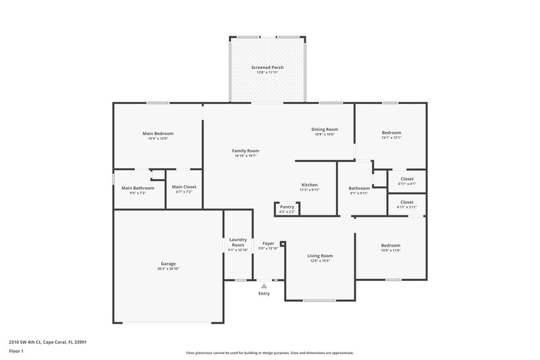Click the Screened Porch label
[267, 68]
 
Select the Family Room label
[246, 151]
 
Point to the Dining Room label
[324, 129]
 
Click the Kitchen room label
[309, 184]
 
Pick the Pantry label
[287, 207]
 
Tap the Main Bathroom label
[138, 188]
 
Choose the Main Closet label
[184, 186]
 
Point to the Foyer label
[268, 242]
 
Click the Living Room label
[320, 256]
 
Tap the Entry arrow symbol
[264, 286]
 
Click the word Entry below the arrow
[264, 294]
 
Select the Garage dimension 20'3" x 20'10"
[168, 269]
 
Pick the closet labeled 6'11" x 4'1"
[407, 181]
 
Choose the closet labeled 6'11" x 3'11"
[407, 204]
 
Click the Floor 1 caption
[16, 351]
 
